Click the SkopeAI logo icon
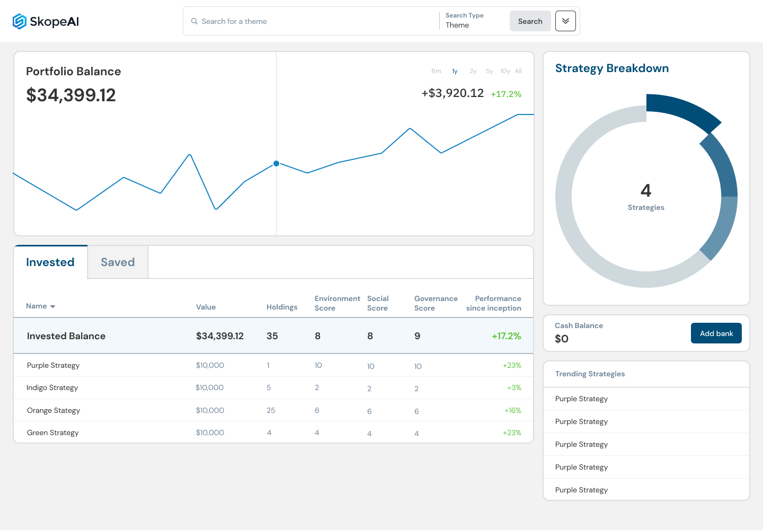(20, 21)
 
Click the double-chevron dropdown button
(565, 21)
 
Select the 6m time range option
(436, 71)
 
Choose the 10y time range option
(505, 71)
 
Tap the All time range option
(518, 71)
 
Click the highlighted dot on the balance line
(276, 163)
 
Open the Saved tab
(118, 262)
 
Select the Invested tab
(50, 262)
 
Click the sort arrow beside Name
(52, 306)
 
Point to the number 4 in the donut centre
(646, 190)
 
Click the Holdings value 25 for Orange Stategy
(271, 410)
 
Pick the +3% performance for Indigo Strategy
(514, 387)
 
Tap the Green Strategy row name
(53, 432)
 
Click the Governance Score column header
(436, 303)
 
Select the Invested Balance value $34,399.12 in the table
(220, 336)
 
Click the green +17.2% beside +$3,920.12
(506, 94)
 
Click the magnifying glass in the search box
(194, 21)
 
